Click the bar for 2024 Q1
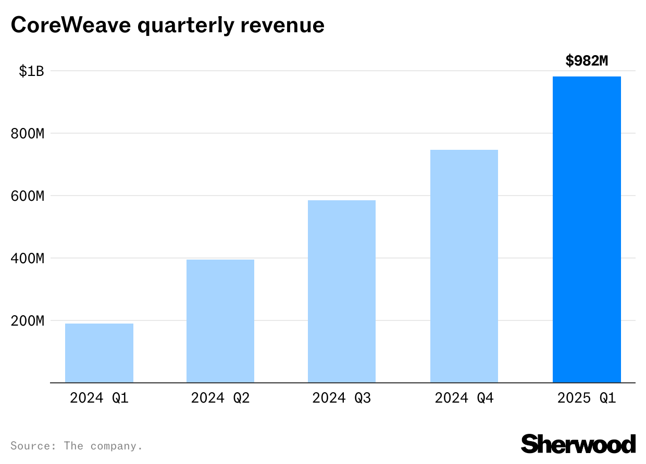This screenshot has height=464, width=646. click(99, 353)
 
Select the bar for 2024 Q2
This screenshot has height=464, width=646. click(220, 321)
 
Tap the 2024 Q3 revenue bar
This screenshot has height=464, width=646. click(342, 291)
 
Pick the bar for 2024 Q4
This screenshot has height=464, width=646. click(464, 266)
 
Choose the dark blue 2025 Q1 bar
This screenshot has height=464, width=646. click(587, 229)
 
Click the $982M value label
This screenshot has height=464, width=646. click(587, 61)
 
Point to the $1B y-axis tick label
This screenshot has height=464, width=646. click(31, 71)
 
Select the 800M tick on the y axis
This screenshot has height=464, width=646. click(27, 134)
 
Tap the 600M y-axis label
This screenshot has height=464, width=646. click(27, 196)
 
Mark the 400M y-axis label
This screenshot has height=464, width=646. click(27, 259)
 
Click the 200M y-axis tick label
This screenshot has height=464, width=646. click(27, 321)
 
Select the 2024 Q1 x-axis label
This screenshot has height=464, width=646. click(99, 398)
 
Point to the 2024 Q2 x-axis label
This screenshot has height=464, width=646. click(220, 398)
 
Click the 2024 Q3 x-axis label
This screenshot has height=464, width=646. click(342, 398)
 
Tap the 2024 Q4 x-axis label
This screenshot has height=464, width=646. click(464, 398)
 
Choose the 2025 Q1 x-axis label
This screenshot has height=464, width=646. click(587, 398)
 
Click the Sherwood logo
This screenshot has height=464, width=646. click(578, 444)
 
